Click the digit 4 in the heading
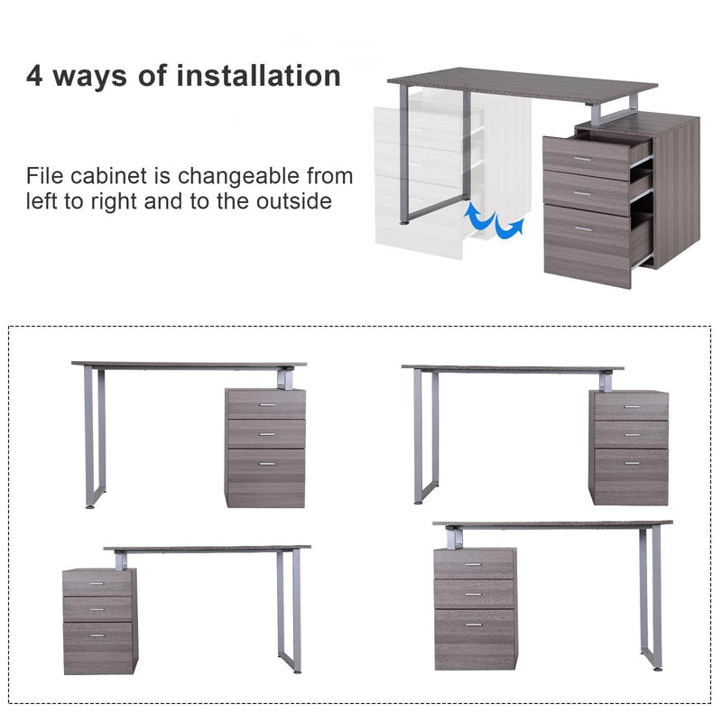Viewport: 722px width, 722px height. click(34, 75)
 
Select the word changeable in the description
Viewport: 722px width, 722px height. click(241, 175)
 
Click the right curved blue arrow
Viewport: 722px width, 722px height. click(510, 226)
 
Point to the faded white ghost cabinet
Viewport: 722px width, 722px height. click(420, 180)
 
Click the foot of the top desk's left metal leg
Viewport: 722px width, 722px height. click(408, 220)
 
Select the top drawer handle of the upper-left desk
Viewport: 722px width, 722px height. click(265, 405)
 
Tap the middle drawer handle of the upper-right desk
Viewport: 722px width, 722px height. click(631, 436)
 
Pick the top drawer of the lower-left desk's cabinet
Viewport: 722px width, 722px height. click(97, 583)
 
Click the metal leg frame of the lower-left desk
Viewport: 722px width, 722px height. click(289, 614)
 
